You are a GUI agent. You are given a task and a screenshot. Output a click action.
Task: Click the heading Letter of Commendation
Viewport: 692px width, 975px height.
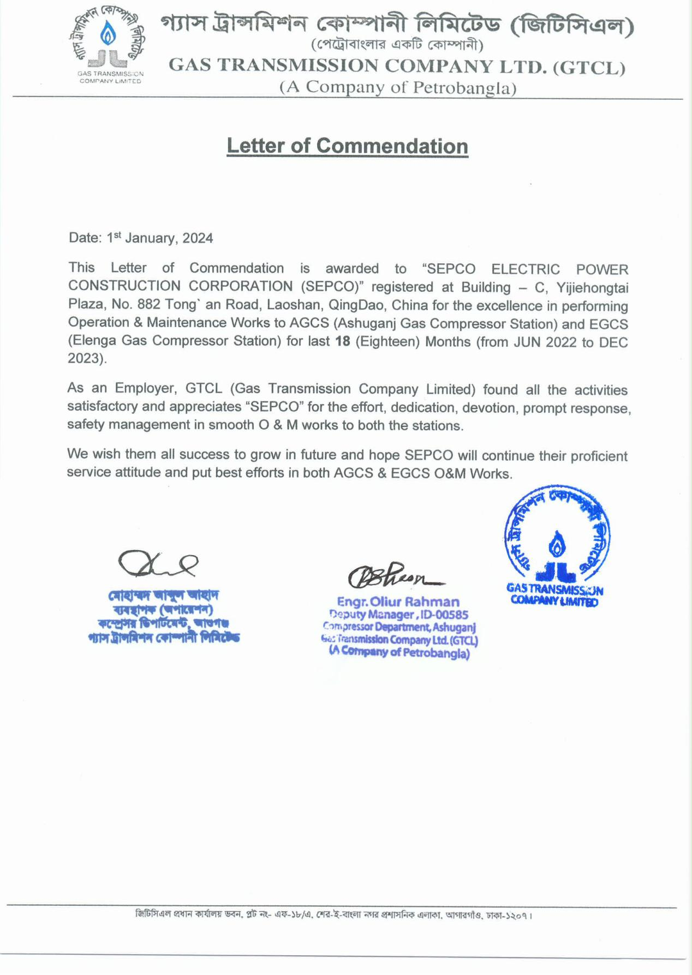point(347,146)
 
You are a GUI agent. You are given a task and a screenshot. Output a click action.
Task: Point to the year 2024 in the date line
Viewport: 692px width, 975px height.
point(198,238)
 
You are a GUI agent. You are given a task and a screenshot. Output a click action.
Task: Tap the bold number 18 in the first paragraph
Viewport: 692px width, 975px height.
point(342,342)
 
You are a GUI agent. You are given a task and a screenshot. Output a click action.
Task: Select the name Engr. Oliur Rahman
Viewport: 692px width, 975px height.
point(398,602)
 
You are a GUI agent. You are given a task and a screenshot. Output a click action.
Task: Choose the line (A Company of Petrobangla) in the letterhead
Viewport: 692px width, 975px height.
point(398,88)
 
